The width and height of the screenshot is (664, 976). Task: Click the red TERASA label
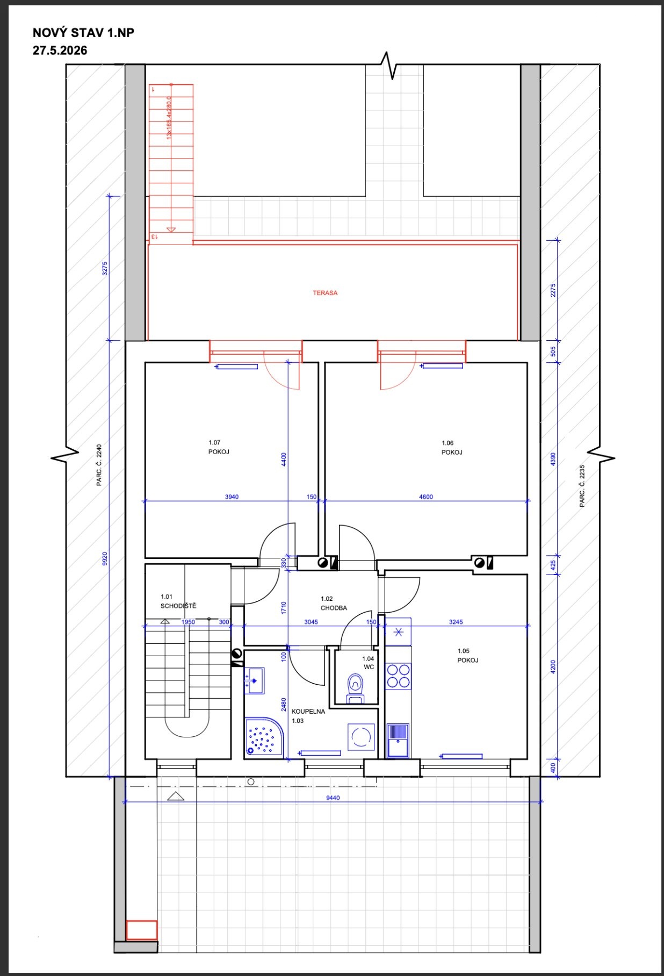click(x=325, y=293)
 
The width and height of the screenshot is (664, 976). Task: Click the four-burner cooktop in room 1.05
click(x=398, y=676)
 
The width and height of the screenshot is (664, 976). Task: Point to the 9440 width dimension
click(x=333, y=798)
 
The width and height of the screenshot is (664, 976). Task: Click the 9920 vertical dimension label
click(x=105, y=559)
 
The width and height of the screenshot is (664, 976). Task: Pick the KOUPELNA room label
click(x=308, y=711)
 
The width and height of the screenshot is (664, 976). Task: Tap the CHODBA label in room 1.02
click(x=334, y=608)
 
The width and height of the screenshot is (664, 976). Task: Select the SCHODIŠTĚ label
click(x=178, y=606)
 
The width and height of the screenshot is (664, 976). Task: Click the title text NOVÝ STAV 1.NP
click(x=83, y=33)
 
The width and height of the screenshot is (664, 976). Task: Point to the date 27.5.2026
click(x=60, y=51)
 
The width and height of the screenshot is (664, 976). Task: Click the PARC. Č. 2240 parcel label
click(x=99, y=465)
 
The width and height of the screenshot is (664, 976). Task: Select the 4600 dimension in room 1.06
click(x=425, y=497)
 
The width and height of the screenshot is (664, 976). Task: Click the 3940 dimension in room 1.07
click(x=232, y=497)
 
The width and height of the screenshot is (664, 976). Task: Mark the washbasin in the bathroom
click(x=254, y=681)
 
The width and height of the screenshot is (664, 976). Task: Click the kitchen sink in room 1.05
click(x=398, y=740)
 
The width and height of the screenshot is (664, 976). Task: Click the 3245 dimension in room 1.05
click(x=456, y=622)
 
